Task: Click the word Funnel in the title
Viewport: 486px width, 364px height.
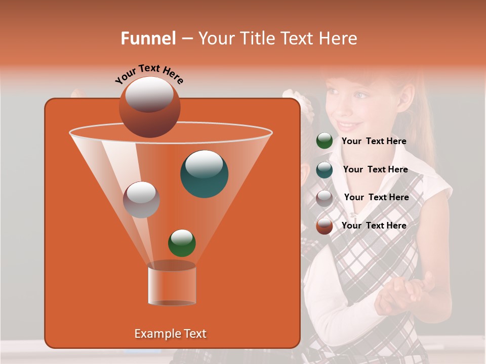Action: click(x=148, y=38)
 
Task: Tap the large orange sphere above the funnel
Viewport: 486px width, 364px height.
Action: click(x=149, y=107)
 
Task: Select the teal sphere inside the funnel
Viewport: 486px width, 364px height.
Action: click(x=204, y=174)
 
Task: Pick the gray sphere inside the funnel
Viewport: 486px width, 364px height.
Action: click(x=141, y=200)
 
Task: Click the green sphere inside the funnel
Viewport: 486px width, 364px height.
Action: click(x=182, y=243)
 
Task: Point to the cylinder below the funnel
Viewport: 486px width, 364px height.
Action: click(x=172, y=285)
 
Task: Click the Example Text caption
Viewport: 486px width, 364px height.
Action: click(x=170, y=334)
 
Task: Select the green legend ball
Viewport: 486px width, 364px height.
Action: click(x=325, y=141)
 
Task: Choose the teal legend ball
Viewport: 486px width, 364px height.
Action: click(x=325, y=170)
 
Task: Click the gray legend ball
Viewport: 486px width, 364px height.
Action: click(x=325, y=198)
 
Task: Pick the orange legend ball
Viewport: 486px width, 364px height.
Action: click(x=325, y=226)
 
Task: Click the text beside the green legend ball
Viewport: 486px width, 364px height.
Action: click(x=374, y=141)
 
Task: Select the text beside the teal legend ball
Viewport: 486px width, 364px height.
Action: click(x=375, y=169)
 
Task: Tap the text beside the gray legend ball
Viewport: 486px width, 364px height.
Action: click(x=376, y=197)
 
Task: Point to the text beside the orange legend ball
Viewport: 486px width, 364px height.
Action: click(x=374, y=225)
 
